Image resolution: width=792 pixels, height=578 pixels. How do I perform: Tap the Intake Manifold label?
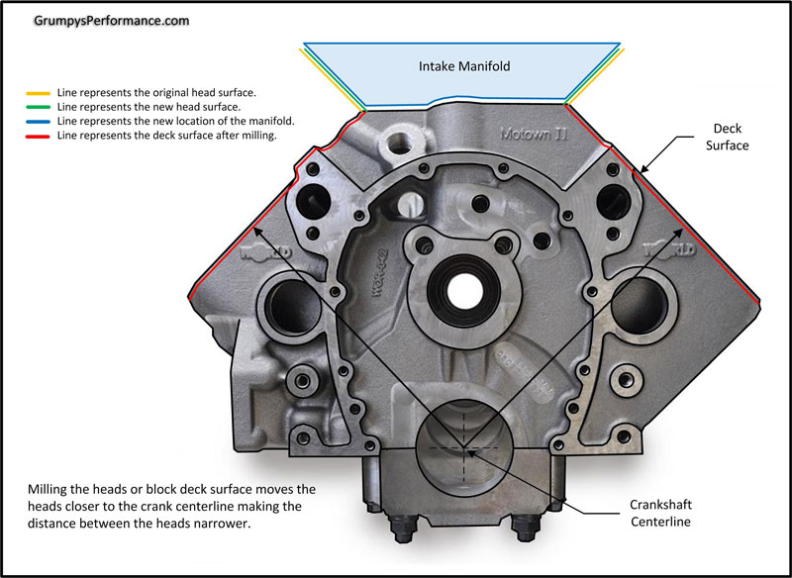tap(461, 67)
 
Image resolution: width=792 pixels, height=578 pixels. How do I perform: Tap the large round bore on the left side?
tap(288, 306)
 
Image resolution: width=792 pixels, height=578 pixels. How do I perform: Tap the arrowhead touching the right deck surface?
tap(634, 175)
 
